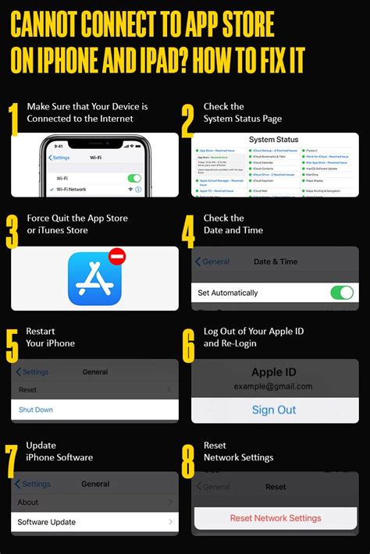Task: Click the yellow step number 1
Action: point(13,119)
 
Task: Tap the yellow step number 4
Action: point(188,231)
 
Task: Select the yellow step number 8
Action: point(188,461)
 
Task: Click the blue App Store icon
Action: point(94,279)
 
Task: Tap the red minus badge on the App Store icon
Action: point(117,256)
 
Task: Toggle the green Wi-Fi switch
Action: point(134,178)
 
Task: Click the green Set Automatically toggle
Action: point(341,293)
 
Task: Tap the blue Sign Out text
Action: point(274,410)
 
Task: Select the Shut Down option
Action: point(36,410)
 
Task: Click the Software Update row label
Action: point(48,521)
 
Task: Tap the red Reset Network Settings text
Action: point(275,518)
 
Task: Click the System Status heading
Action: point(275,139)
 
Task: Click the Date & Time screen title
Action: point(275,261)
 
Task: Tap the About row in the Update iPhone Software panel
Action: point(28,502)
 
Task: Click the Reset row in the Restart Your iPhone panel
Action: point(27,389)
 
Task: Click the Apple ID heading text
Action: point(274,372)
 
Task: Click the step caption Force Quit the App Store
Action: point(76,218)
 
